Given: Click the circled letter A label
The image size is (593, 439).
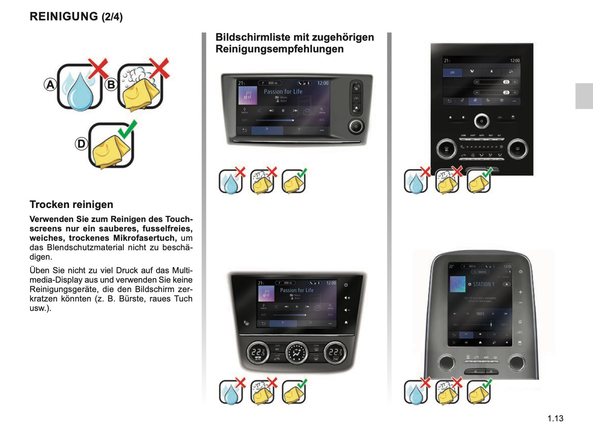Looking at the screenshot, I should [50, 85].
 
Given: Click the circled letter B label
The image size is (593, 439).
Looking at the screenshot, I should [111, 85].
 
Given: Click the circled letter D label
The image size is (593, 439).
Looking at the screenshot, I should [81, 144].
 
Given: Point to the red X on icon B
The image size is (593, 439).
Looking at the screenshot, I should [159, 68].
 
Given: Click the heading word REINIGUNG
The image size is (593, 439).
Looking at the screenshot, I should [64, 16].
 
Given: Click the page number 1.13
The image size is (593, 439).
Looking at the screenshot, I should [555, 418].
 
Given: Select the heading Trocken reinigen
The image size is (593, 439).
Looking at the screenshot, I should [71, 204].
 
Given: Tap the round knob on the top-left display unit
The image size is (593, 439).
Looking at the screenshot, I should [356, 126].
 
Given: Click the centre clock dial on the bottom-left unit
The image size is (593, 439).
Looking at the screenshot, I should [297, 352].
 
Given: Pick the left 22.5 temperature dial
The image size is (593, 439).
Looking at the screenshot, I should [258, 352].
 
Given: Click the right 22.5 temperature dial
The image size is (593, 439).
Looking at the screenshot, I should [335, 352].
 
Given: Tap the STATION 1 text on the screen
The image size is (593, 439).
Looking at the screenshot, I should [483, 284].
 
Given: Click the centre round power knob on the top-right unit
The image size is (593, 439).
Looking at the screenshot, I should [482, 121].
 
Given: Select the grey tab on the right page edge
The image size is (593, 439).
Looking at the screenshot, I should [584, 96].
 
